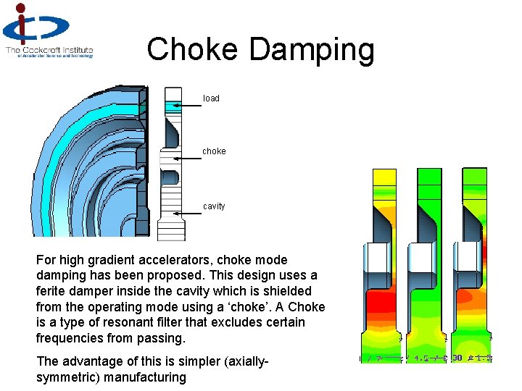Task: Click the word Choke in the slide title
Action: [x=192, y=50]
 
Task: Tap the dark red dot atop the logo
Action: [x=22, y=9]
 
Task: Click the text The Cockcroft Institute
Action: [x=49, y=50]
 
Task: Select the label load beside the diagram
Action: [x=211, y=98]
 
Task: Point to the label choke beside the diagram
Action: [x=214, y=151]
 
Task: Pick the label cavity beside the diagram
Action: [x=214, y=206]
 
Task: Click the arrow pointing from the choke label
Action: [x=187, y=158]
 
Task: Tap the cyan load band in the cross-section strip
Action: [x=173, y=106]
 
